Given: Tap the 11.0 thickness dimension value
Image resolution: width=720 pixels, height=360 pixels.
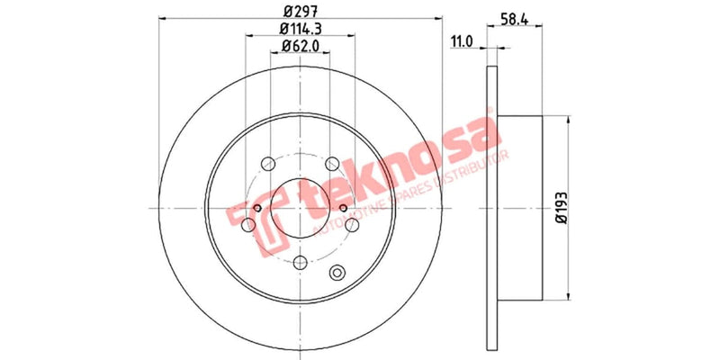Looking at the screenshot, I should (462, 40).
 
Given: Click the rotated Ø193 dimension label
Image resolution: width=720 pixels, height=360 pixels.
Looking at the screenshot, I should (560, 208).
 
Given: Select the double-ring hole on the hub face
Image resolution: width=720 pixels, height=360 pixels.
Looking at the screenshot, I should (338, 274).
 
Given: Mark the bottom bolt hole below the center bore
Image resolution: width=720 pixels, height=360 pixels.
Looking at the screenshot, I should (301, 261).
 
